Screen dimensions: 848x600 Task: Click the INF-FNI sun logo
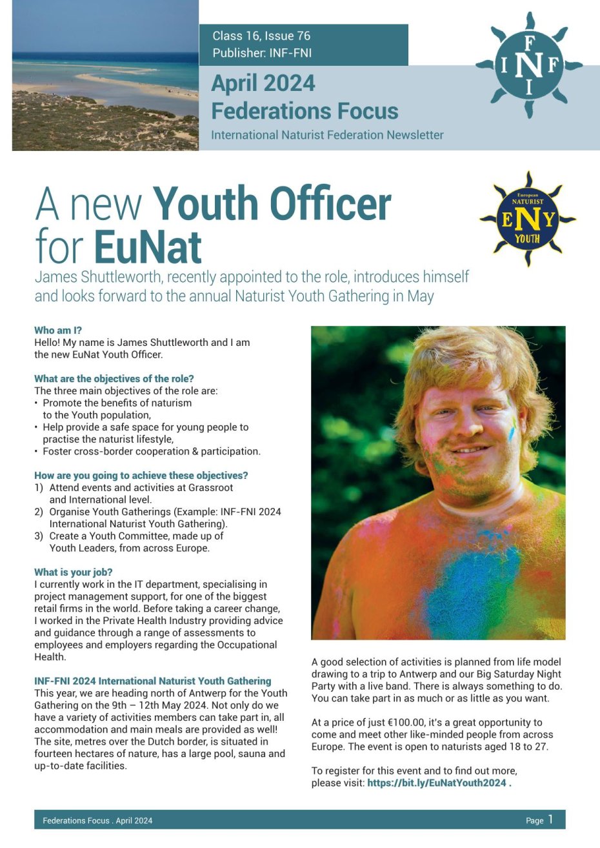(529, 65)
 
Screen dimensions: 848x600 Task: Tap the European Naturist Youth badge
(528, 219)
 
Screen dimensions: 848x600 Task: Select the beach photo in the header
(105, 76)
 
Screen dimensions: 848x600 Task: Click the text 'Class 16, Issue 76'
(261, 36)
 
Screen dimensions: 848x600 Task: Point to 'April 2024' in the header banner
(263, 83)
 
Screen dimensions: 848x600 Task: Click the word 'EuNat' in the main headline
(148, 247)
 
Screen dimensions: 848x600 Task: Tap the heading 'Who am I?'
(58, 330)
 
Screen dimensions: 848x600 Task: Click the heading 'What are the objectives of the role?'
(114, 379)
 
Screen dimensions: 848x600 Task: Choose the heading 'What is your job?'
(74, 572)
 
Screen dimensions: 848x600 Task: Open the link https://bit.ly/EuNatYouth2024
(437, 783)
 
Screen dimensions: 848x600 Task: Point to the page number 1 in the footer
(550, 820)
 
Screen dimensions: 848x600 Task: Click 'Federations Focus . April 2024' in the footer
(97, 821)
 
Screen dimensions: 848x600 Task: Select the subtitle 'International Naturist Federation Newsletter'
(327, 136)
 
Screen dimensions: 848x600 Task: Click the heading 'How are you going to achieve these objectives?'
(141, 476)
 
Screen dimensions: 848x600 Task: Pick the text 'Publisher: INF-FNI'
(262, 54)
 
